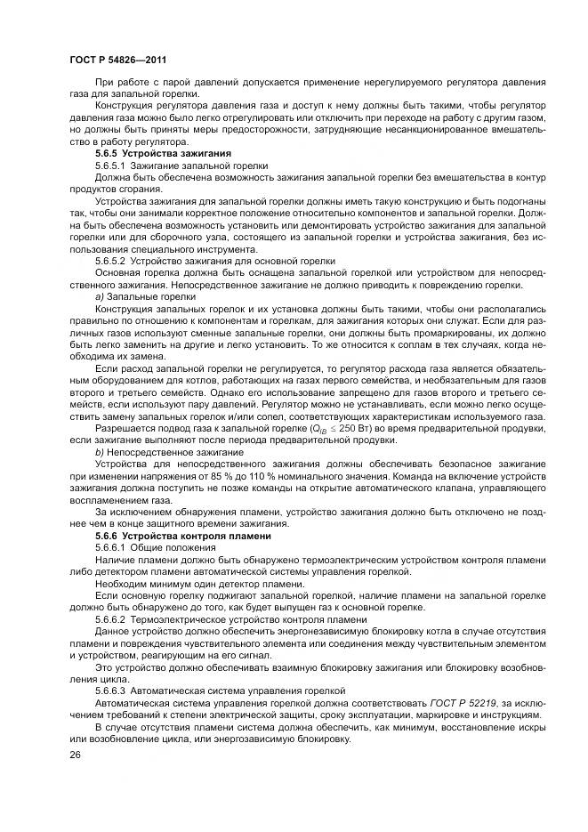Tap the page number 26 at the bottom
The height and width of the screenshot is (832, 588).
tap(74, 754)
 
